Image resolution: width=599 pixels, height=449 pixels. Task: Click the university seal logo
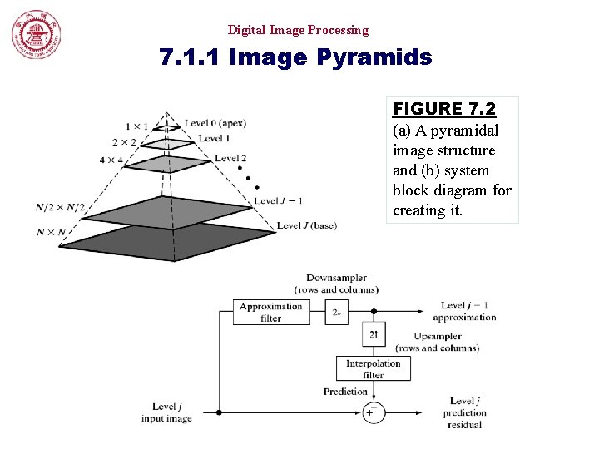(37, 36)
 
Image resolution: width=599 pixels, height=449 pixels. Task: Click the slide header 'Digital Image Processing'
(298, 30)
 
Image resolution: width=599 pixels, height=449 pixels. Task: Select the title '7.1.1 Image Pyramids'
(296, 58)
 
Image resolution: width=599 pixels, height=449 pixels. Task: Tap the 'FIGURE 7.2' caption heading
(444, 109)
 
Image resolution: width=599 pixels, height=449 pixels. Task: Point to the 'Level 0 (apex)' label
(215, 123)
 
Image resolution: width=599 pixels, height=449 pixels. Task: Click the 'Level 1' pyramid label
(215, 138)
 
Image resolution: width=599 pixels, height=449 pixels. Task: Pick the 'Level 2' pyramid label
(230, 158)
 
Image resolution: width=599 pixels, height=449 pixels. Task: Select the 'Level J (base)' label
(306, 225)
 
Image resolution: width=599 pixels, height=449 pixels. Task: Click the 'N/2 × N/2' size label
(60, 207)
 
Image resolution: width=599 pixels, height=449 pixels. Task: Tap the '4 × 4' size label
(111, 160)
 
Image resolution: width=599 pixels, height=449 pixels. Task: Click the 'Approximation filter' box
(271, 312)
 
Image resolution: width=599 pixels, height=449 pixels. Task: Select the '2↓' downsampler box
(337, 312)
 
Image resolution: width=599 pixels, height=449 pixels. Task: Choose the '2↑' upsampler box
(374, 334)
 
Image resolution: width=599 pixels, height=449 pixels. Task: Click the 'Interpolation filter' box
(374, 368)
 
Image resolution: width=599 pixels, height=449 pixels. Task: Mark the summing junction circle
(373, 412)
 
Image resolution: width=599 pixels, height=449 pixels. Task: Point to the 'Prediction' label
(345, 392)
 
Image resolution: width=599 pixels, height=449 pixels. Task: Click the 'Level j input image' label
(166, 412)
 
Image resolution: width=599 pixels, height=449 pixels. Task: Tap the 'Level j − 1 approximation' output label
(464, 311)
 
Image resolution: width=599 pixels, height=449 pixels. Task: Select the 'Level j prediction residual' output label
(464, 412)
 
